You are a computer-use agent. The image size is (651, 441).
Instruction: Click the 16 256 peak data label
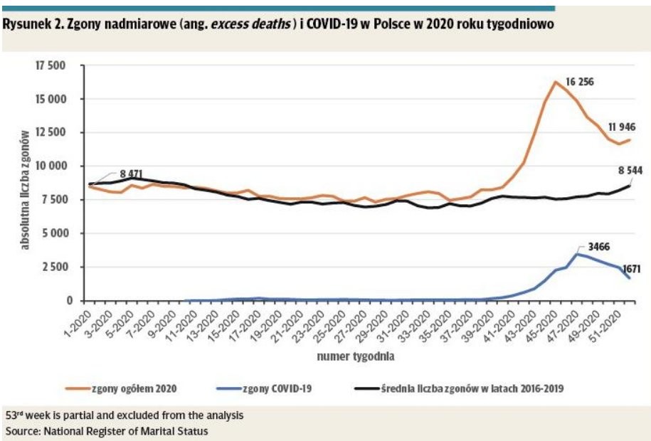[x=579, y=82]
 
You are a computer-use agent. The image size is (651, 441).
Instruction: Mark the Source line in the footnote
[x=107, y=431]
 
